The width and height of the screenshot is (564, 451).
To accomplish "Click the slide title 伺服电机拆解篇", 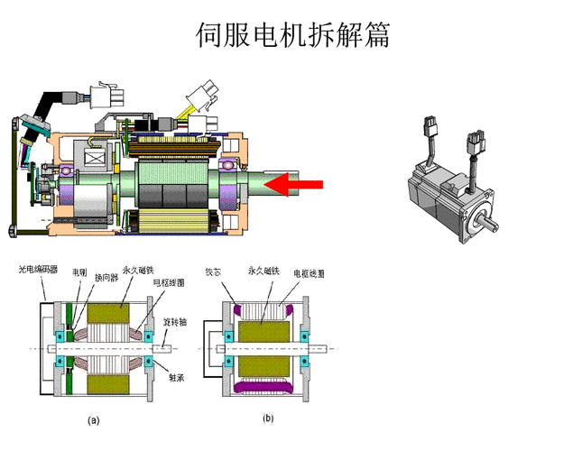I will click(292, 35).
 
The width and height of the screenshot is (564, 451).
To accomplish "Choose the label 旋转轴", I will click(175, 321).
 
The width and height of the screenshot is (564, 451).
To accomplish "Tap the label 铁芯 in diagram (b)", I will click(213, 270).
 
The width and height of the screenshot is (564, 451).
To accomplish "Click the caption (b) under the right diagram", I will click(268, 419).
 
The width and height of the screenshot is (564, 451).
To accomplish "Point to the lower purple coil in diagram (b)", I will click(264, 386).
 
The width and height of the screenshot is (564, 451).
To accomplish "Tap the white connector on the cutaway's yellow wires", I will click(200, 94).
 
